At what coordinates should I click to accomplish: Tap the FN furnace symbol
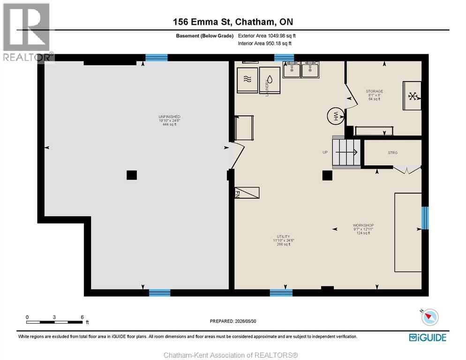click(247, 193)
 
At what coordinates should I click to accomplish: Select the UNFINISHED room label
click(169, 117)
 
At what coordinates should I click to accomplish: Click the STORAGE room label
click(375, 91)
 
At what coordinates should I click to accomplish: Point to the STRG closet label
click(392, 152)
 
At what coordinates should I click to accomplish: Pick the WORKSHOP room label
click(363, 225)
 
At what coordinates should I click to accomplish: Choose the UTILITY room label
click(284, 237)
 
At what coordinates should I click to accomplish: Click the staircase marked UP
click(346, 152)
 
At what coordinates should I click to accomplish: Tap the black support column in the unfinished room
click(132, 175)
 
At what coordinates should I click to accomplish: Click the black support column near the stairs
click(327, 175)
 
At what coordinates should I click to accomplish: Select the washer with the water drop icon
click(270, 80)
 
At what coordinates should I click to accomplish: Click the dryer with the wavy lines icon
click(247, 80)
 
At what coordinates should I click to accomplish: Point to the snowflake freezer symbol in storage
click(412, 96)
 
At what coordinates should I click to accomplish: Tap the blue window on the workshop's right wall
click(425, 218)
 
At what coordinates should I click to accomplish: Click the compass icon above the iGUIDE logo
click(430, 317)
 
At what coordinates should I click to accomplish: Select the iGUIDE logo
click(428, 337)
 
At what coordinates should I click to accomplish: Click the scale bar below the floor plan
click(54, 322)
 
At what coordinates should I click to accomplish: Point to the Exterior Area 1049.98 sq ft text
click(267, 36)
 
